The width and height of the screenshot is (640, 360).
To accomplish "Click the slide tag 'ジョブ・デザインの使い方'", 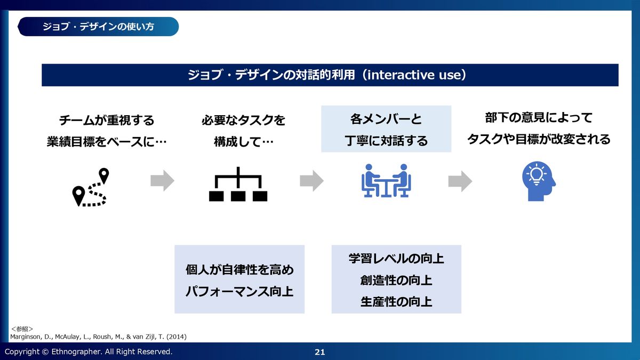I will tap(99, 26).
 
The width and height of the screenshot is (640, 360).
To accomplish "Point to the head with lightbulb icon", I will tap(538, 181).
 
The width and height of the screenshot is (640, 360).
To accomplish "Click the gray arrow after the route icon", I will tap(162, 181).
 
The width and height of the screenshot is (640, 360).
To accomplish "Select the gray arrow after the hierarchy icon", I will tap(311, 181).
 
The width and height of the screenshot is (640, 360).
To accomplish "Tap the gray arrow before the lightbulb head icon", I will tap(460, 181).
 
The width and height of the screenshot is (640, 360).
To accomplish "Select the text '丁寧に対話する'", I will tap(386, 141).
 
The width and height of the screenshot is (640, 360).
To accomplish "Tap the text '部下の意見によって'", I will tap(539, 118).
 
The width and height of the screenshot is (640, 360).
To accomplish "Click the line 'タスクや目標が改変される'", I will tap(539, 140).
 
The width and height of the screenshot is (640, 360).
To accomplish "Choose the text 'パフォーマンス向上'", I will tap(239, 292).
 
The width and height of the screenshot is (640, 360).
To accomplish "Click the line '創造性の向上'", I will tap(396, 281).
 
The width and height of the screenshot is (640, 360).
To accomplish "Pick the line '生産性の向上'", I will tap(396, 302).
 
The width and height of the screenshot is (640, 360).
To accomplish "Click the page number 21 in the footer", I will tap(320, 352).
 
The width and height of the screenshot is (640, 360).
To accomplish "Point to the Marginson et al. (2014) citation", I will tap(99, 337).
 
